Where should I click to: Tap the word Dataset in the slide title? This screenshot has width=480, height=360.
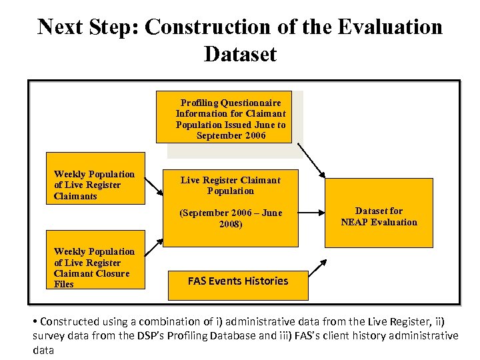[240, 53]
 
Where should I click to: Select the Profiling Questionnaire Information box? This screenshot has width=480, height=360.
[224, 117]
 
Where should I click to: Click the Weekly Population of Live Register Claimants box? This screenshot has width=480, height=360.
[95, 185]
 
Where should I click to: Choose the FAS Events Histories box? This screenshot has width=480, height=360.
[238, 281]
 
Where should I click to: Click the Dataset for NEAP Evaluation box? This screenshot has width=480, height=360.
[379, 217]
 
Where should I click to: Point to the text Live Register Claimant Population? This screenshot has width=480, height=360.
[231, 185]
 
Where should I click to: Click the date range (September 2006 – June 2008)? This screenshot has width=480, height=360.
[231, 219]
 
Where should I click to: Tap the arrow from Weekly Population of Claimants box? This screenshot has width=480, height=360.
[155, 187]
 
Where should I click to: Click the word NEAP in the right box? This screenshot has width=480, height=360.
[355, 222]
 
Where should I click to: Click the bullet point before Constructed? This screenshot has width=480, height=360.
[35, 321]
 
